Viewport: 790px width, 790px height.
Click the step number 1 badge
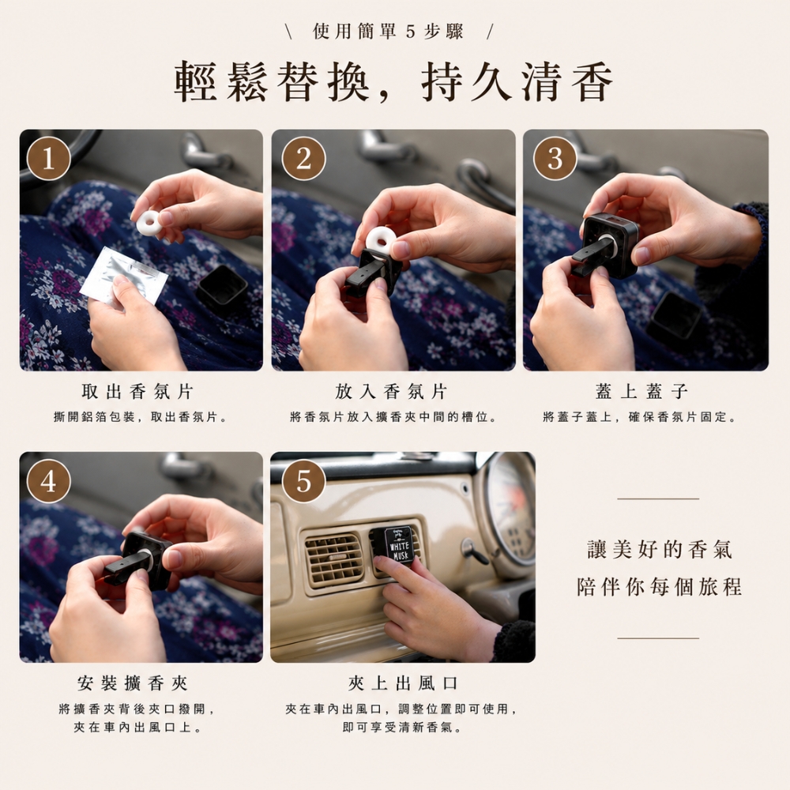(x=48, y=159)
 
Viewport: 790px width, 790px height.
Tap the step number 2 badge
(x=303, y=159)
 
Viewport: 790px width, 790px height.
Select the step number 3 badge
(x=555, y=159)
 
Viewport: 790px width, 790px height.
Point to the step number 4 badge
(x=48, y=481)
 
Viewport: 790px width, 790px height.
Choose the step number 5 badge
(x=303, y=481)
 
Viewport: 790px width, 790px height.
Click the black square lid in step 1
(x=222, y=289)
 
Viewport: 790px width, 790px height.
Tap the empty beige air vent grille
(x=333, y=559)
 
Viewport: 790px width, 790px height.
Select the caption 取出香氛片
(x=137, y=392)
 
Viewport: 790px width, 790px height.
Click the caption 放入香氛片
(x=391, y=392)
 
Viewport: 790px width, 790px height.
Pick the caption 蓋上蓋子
(x=641, y=392)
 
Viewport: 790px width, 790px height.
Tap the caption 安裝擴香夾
(x=133, y=683)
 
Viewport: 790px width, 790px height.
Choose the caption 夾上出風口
(x=403, y=683)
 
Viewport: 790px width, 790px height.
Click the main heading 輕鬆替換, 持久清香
(x=394, y=82)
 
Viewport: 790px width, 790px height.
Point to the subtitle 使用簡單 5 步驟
(x=388, y=32)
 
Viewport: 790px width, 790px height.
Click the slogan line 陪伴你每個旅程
(x=659, y=587)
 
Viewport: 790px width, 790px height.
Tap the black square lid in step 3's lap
(x=674, y=315)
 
